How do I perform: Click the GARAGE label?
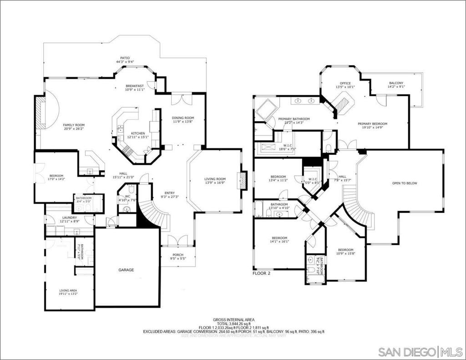click(x=126, y=270)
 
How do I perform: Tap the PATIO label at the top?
click(x=125, y=58)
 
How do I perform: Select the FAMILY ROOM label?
click(x=74, y=125)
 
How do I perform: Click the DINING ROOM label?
click(x=183, y=118)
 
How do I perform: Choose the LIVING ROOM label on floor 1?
click(x=215, y=179)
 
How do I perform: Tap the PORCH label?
click(x=178, y=255)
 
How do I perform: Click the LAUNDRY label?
click(x=69, y=218)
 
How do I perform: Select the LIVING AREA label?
click(x=68, y=290)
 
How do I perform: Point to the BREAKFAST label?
click(x=135, y=86)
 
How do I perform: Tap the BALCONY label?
click(x=396, y=83)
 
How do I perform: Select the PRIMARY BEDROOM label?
click(x=372, y=124)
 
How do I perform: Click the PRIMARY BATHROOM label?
click(x=294, y=119)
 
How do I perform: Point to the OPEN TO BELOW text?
click(x=405, y=183)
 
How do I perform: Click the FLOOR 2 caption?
click(x=261, y=274)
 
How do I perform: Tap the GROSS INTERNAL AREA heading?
click(x=233, y=320)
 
